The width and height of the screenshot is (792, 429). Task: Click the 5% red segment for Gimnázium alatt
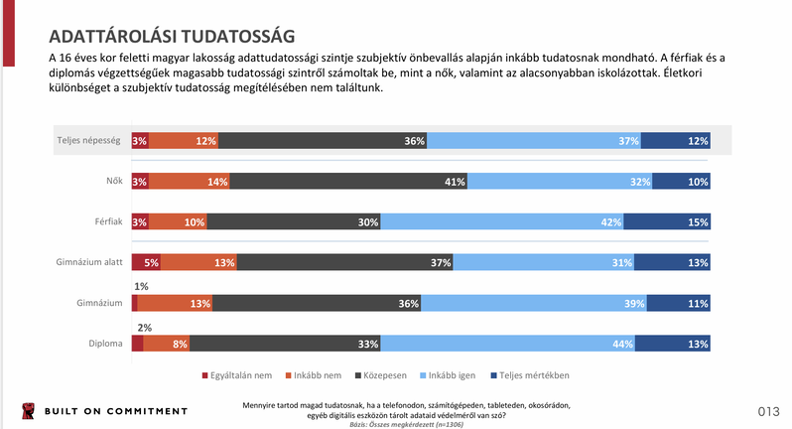click(145, 263)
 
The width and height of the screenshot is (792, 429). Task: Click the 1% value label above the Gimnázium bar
click(143, 286)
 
